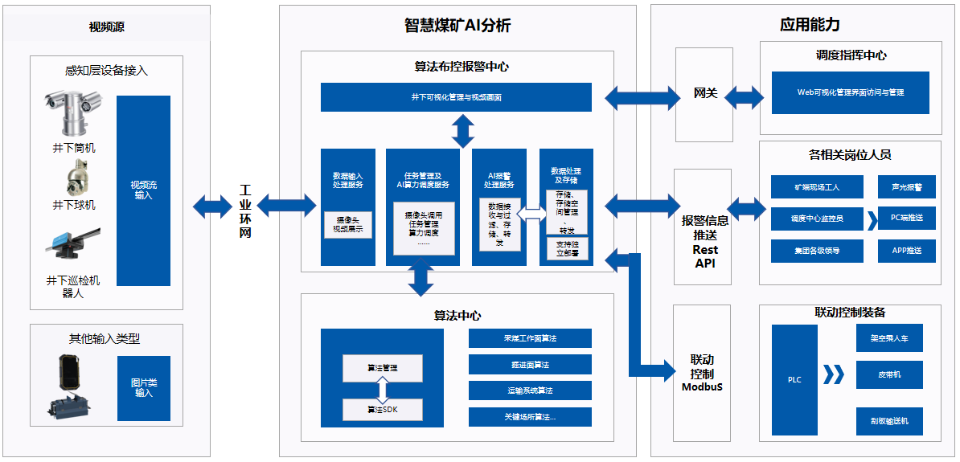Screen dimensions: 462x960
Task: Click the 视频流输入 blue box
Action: point(143,190)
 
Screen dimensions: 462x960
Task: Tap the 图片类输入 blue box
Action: point(144,388)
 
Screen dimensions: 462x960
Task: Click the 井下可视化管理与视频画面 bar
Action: point(456,97)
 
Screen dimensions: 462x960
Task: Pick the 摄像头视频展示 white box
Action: point(347,224)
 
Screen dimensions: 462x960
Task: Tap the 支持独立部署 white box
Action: point(567,248)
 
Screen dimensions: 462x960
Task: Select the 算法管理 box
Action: point(383,368)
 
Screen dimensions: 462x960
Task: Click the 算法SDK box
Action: point(383,410)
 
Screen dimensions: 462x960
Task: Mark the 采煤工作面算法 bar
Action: point(530,338)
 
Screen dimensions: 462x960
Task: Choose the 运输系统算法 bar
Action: point(530,390)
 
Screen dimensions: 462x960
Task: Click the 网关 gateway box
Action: point(704,94)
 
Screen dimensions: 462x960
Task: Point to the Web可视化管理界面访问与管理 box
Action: point(850,92)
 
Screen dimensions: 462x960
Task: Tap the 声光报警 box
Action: point(906,187)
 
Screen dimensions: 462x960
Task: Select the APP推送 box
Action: point(906,251)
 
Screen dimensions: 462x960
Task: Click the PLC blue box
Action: point(794,379)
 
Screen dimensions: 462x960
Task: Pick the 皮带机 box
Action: point(888,374)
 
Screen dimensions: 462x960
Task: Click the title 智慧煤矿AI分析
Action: point(457,25)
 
